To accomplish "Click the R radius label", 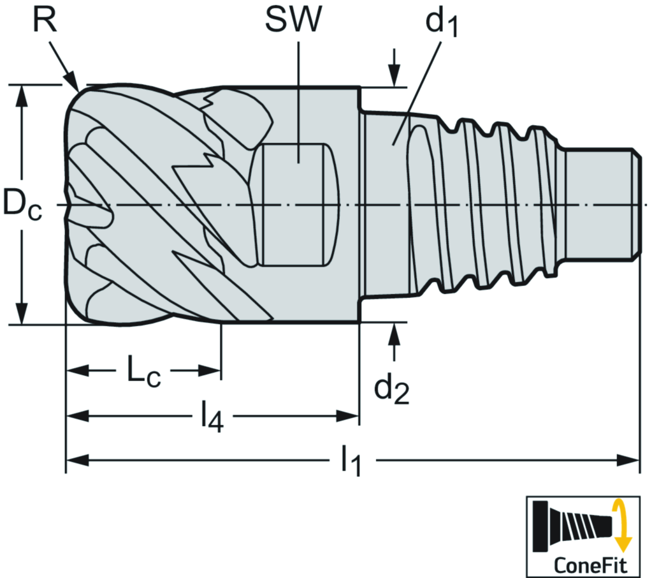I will pyautogui.click(x=45, y=22).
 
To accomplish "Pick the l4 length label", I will pyautogui.click(x=212, y=419).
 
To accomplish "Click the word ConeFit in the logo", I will pyautogui.click(x=590, y=564).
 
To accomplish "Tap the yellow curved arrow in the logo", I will pyautogui.click(x=620, y=526).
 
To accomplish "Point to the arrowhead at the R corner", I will pyautogui.click(x=73, y=82).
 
